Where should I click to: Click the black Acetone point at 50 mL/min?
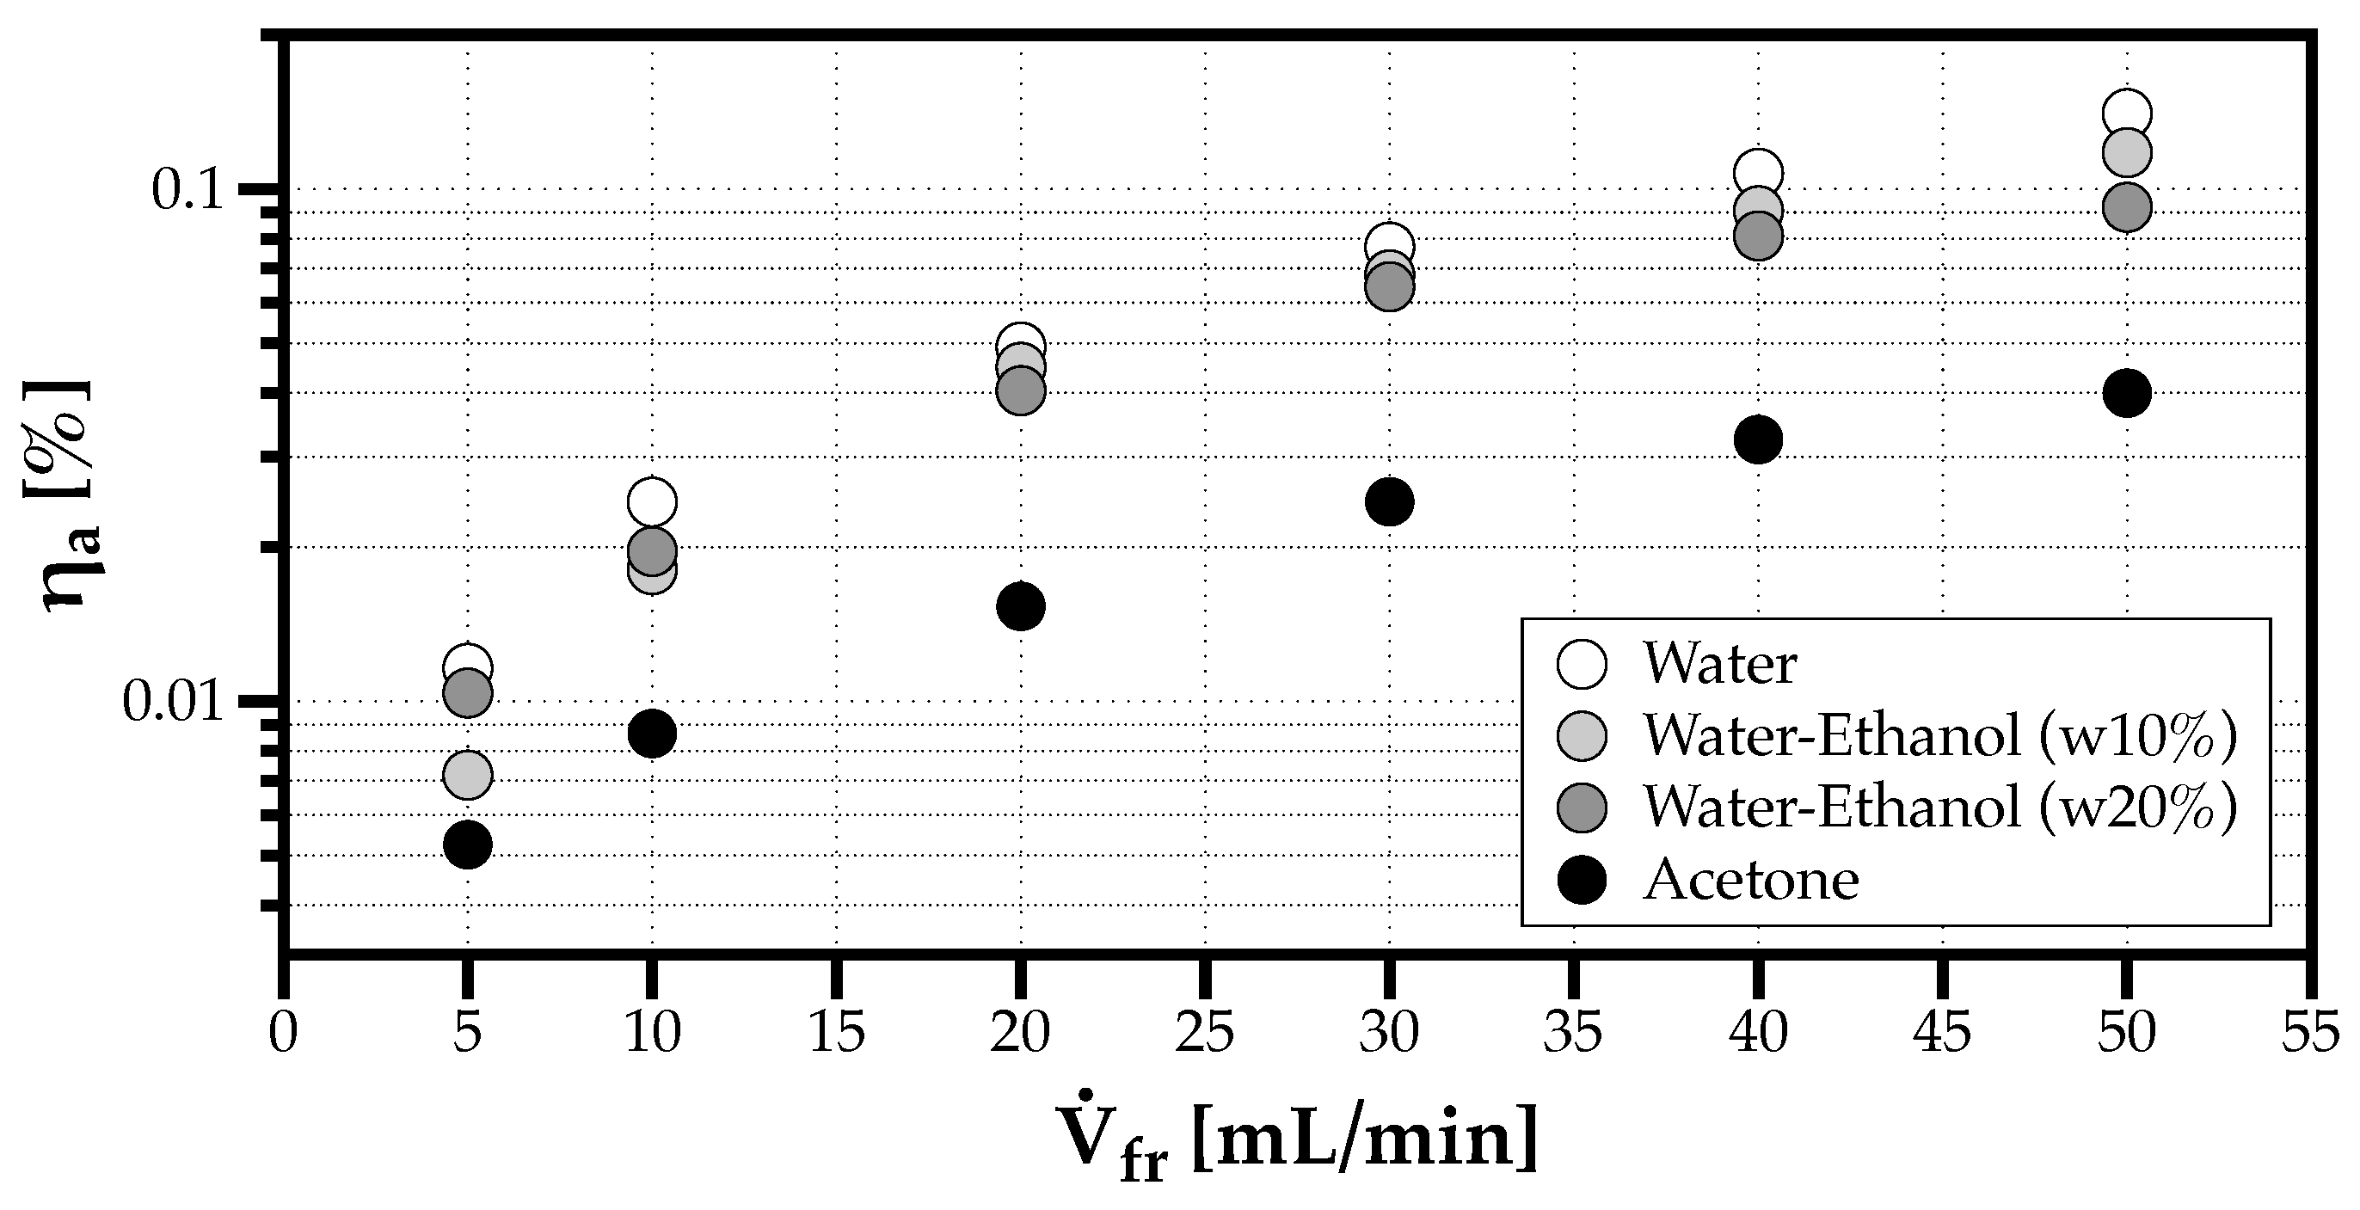click(2126, 393)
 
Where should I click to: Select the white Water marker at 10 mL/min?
click(651, 501)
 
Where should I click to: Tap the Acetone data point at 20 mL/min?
click(1021, 605)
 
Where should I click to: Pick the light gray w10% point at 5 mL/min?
click(467, 775)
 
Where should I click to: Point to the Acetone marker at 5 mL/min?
click(467, 844)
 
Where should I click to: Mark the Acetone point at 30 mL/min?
click(1389, 501)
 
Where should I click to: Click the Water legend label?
click(1719, 663)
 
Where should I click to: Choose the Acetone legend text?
click(1751, 881)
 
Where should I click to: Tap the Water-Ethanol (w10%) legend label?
click(1939, 735)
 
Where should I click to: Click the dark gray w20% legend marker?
click(1582, 808)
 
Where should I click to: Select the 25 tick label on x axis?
click(1205, 1033)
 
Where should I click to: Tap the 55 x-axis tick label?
click(2309, 1033)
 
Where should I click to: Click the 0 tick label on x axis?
click(283, 1033)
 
